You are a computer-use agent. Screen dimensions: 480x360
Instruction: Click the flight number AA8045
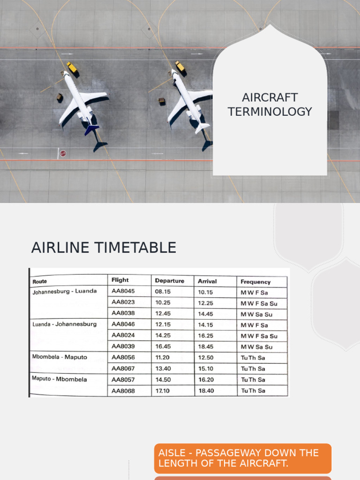[x=123, y=291]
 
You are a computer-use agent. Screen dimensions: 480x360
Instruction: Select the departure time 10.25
[x=163, y=302]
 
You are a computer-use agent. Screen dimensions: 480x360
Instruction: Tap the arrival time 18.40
[x=206, y=390]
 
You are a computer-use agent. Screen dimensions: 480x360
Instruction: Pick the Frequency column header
[x=255, y=282]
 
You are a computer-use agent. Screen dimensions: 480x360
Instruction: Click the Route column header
[x=40, y=282]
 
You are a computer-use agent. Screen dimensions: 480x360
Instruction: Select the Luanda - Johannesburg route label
[x=64, y=324]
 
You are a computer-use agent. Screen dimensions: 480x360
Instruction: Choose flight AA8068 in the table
[x=123, y=390]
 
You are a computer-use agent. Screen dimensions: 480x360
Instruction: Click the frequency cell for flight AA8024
[x=259, y=336]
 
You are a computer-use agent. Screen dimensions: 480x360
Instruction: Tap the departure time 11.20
[x=163, y=357]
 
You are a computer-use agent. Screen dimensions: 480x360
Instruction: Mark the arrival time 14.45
[x=206, y=314]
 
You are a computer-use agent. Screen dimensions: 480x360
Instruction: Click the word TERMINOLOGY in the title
[x=270, y=112]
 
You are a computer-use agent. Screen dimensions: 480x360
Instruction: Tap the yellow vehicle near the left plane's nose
[x=72, y=67]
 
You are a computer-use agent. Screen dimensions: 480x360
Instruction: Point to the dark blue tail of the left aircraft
[x=91, y=128]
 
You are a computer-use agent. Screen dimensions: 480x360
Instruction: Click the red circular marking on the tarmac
[x=63, y=153]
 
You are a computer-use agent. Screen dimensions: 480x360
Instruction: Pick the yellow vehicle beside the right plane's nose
[x=180, y=67]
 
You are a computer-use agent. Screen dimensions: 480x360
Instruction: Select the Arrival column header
[x=207, y=281]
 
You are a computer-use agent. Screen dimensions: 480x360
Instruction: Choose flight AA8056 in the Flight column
[x=123, y=357]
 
